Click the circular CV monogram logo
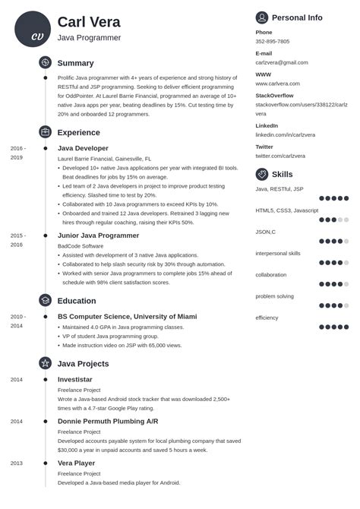coord(32,29)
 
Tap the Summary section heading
coord(75,63)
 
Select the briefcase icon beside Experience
coord(45,132)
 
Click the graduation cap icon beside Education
coord(45,300)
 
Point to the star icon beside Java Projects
coord(45,363)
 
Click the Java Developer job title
coord(83,148)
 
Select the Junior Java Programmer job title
coord(98,236)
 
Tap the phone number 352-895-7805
coord(272,42)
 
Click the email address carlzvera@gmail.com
coord(282,62)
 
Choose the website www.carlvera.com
coord(278,84)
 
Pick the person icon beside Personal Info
coord(262,17)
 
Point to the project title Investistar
coord(74,378)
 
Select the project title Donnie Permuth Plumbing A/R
coord(107,421)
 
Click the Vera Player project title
coord(77,463)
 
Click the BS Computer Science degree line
coord(127,316)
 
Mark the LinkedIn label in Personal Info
coord(267,125)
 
